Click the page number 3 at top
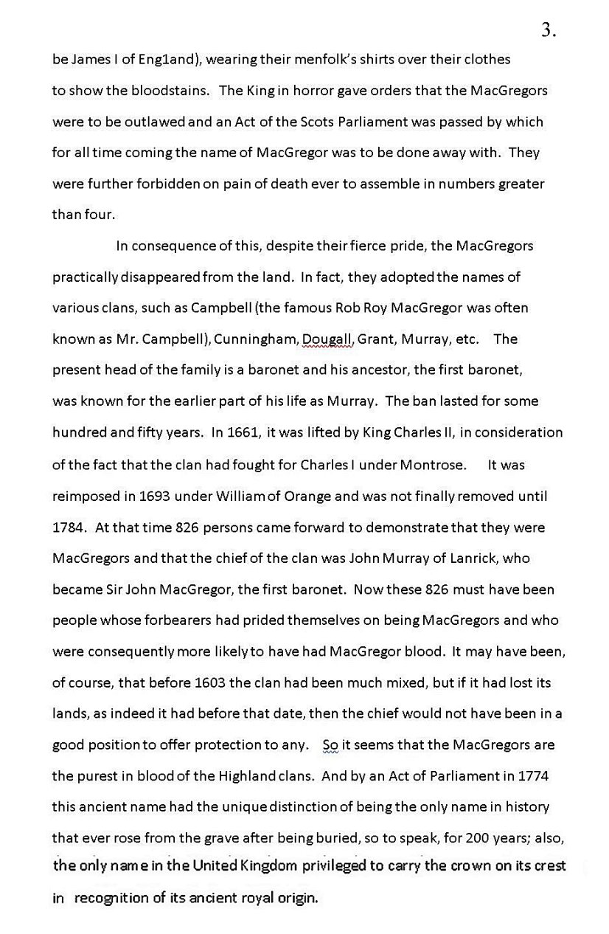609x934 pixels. pyautogui.click(x=547, y=30)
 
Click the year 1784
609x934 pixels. pyautogui.click(x=69, y=527)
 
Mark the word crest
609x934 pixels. pyautogui.click(x=548, y=865)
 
